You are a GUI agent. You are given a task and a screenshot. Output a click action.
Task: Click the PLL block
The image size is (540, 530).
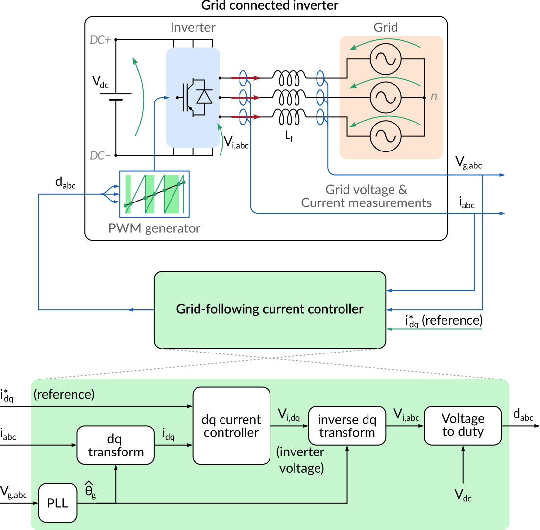click(58, 503)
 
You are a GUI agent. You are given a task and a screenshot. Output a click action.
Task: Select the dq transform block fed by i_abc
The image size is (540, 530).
click(116, 445)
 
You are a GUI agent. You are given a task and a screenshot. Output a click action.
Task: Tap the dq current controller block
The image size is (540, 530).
click(231, 426)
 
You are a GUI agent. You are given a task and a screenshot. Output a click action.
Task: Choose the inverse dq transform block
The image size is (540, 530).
click(346, 426)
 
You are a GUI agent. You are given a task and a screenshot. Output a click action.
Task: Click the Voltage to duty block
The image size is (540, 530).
click(463, 426)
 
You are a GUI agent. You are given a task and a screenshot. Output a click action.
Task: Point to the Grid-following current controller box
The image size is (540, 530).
click(270, 309)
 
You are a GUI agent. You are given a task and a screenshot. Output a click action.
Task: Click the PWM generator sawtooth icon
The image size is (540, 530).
click(154, 194)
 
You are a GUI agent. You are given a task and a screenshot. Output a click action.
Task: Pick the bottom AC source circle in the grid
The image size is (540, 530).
click(385, 136)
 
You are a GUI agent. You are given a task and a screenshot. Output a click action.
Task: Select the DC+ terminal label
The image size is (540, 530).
click(100, 40)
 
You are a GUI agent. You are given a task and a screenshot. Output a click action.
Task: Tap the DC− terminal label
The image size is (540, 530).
click(100, 156)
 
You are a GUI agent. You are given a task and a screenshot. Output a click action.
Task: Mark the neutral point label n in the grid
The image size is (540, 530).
click(434, 97)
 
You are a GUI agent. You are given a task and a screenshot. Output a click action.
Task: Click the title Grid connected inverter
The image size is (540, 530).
click(270, 6)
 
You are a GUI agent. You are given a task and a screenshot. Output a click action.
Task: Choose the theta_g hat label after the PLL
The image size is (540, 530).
click(90, 491)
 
